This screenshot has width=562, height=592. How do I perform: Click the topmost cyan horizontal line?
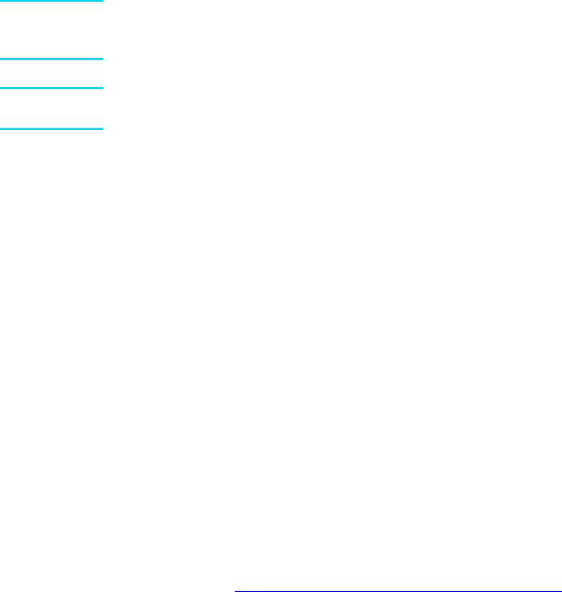point(52,1)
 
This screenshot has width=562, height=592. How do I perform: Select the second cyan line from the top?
point(52,58)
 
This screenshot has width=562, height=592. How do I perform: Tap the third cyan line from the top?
point(52,88)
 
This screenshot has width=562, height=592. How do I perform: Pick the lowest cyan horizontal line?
point(52,128)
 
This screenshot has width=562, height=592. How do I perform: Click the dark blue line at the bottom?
point(397,590)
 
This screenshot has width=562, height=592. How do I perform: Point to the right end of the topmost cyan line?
point(103,1)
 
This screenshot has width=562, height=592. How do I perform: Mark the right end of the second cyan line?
point(103,58)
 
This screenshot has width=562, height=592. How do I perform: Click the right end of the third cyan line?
point(103,88)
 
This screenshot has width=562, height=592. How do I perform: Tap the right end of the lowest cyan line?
point(103,128)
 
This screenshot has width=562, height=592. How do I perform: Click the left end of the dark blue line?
point(235,590)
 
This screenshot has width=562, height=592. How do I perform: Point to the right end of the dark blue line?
point(560,590)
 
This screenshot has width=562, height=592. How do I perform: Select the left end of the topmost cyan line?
point(1,1)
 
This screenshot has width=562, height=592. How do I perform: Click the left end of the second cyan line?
point(1,58)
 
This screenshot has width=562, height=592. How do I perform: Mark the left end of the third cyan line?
point(1,88)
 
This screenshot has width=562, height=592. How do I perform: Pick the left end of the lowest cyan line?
point(1,128)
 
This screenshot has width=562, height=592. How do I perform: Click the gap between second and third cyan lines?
point(52,73)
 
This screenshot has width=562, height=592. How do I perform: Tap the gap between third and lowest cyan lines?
point(52,109)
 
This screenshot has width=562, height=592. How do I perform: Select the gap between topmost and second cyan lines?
point(52,30)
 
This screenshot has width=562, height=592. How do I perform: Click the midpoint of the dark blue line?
point(397,590)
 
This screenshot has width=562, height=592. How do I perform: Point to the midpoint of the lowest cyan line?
point(52,128)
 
